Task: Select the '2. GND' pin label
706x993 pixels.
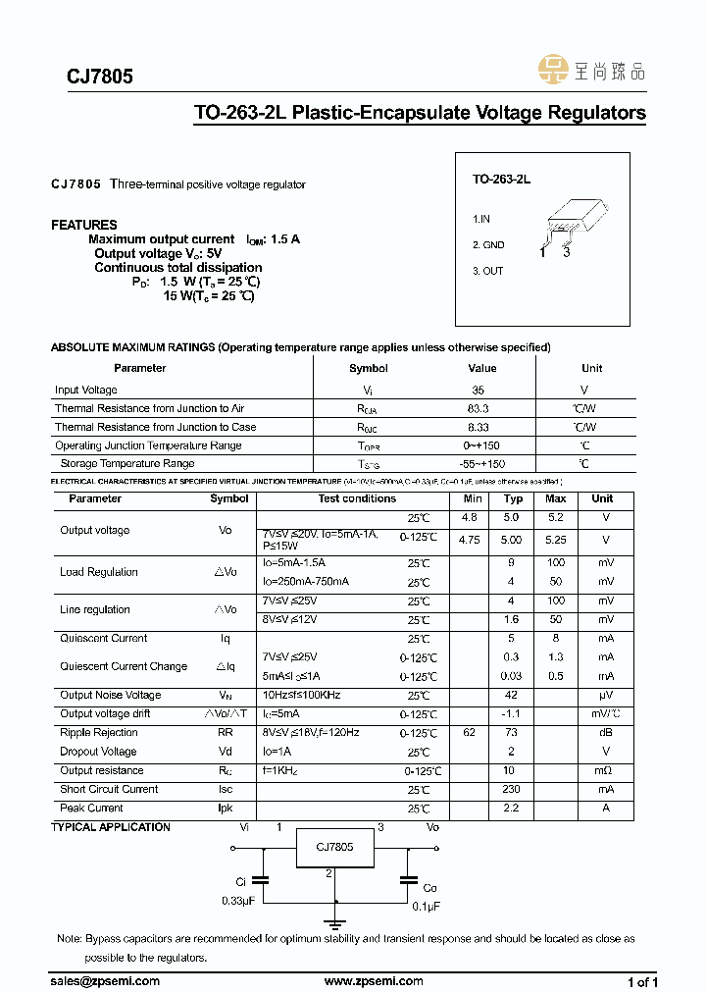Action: click(488, 245)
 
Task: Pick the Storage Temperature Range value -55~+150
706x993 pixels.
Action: click(481, 463)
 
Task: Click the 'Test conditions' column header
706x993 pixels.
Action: click(357, 498)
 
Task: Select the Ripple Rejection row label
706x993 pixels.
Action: click(99, 733)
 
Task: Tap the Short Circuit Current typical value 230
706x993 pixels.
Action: click(511, 789)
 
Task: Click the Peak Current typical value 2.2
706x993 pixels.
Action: click(511, 809)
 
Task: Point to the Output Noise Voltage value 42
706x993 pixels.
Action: click(511, 695)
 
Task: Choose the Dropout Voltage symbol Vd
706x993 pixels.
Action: click(225, 752)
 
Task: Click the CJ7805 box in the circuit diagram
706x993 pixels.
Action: click(334, 847)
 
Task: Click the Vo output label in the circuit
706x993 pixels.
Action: click(432, 827)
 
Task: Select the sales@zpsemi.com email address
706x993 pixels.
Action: click(105, 981)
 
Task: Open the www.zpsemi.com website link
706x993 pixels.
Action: click(373, 981)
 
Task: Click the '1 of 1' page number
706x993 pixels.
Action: click(642, 982)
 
